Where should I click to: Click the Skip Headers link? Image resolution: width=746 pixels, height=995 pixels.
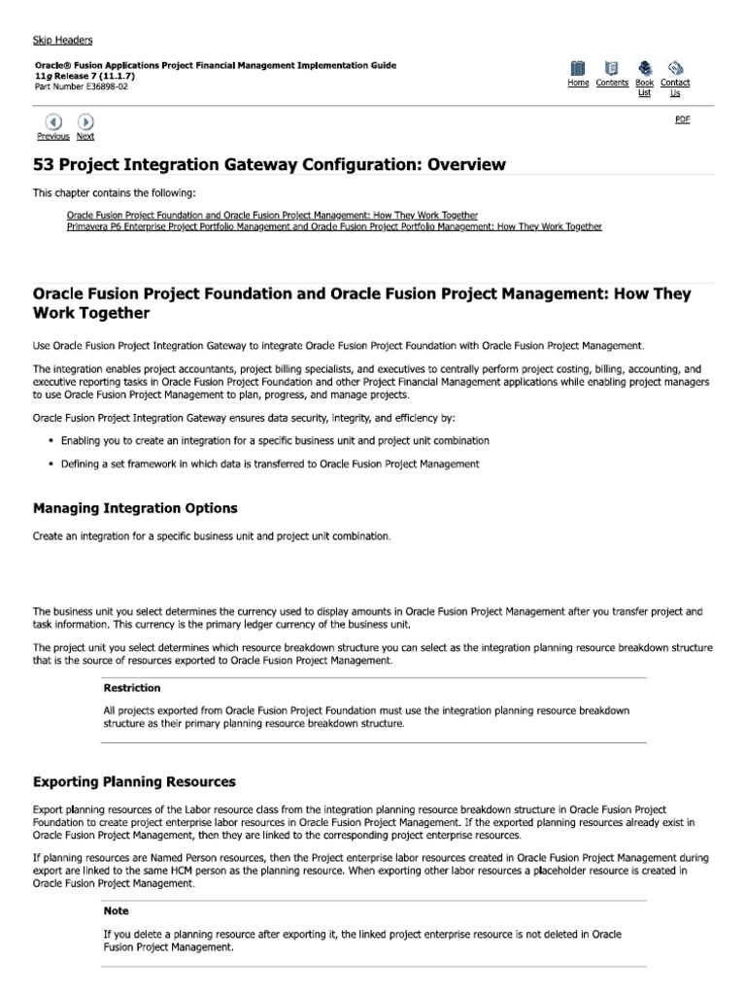(x=63, y=40)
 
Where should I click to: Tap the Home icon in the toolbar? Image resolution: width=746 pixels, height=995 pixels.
(x=578, y=68)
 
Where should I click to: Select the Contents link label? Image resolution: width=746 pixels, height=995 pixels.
(x=612, y=84)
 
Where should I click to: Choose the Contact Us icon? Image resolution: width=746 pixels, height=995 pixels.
(x=676, y=68)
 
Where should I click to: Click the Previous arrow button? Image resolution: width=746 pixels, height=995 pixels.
(x=53, y=121)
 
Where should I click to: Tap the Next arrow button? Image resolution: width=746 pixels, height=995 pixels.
(x=85, y=121)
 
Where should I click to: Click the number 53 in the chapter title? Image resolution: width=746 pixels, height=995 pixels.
(x=45, y=164)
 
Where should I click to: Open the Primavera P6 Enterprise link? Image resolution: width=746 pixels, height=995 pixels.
(x=334, y=226)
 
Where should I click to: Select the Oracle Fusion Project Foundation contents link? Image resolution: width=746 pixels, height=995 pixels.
(x=272, y=215)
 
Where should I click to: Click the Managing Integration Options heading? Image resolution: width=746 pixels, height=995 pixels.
(x=135, y=508)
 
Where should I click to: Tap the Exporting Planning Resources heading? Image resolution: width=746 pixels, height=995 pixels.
(x=134, y=781)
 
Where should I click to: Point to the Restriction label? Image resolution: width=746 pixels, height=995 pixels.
(x=131, y=688)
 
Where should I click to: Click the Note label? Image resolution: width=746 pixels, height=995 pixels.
(x=116, y=911)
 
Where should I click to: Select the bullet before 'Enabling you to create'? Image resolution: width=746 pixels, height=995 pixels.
(x=51, y=440)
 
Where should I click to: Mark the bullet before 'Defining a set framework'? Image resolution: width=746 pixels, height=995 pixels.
(x=51, y=464)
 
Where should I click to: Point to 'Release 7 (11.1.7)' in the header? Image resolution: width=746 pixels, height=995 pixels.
(x=93, y=75)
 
